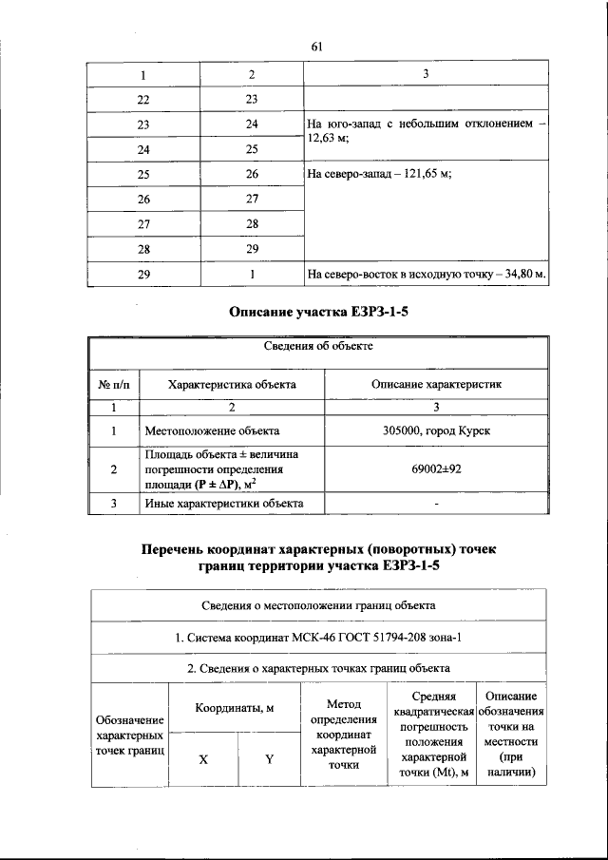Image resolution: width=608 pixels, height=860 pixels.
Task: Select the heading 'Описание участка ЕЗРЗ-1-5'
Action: pos(317,312)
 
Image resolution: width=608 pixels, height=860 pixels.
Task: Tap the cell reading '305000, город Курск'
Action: pos(436,431)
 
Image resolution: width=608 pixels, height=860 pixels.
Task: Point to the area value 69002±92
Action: pos(436,468)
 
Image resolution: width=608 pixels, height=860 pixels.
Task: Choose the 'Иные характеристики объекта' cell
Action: pos(224,503)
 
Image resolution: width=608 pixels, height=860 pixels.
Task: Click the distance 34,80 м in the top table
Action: pos(521,275)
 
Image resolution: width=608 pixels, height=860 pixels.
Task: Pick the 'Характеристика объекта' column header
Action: pos(231,385)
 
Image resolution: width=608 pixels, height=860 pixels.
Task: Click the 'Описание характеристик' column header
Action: pos(436,385)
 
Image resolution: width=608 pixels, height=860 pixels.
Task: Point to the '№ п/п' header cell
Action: pos(113,385)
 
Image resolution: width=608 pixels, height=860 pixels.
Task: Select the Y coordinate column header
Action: pos(269,759)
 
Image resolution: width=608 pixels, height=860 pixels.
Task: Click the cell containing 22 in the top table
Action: pos(143,99)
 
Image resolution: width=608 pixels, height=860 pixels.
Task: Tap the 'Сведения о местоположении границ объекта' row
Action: pos(317,604)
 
